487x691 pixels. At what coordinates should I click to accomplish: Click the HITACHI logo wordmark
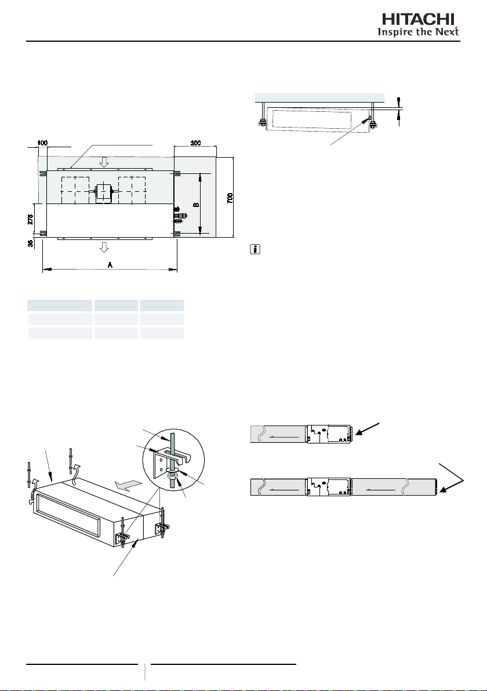418,19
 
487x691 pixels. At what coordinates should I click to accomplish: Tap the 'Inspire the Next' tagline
418,32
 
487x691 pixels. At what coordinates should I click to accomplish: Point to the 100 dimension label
43,143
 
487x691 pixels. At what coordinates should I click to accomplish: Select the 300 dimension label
196,143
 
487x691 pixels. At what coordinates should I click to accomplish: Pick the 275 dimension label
30,219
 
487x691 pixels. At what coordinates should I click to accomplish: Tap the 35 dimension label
30,243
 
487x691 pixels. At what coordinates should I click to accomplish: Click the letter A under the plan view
110,265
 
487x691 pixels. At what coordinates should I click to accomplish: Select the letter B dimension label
197,205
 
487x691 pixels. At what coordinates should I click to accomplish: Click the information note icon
255,250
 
